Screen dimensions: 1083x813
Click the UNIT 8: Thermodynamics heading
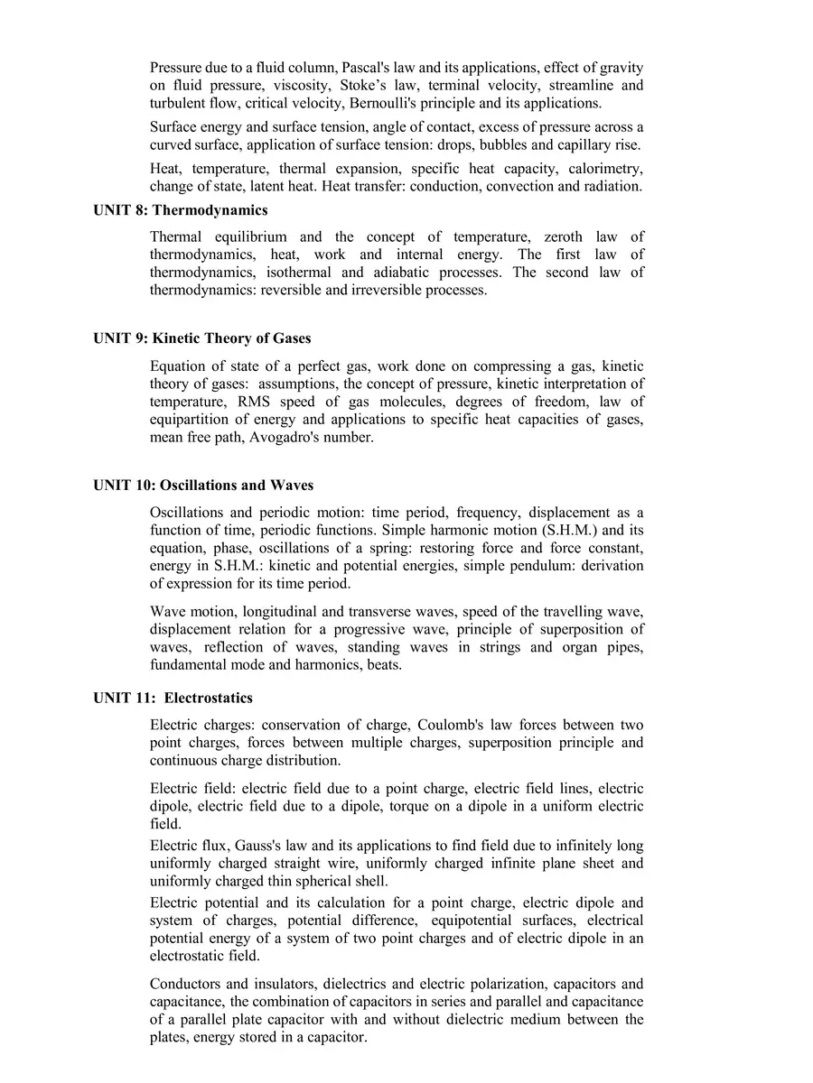[x=181, y=210]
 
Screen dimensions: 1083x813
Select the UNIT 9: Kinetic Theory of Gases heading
[x=202, y=338]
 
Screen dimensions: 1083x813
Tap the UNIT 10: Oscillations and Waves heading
[x=203, y=486]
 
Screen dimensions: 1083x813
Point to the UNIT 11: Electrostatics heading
[x=173, y=699]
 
